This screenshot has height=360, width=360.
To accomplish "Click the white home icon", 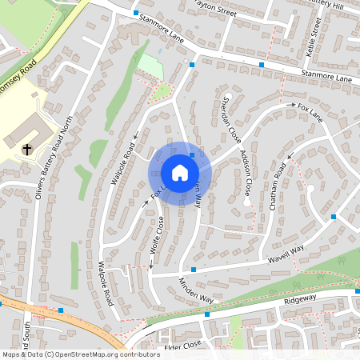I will click(180, 173).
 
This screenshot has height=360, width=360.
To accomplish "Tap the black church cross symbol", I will click(27, 149).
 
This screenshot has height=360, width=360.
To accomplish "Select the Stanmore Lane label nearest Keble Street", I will click(326, 77).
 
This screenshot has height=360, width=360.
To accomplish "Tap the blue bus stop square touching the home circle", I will click(192, 155).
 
